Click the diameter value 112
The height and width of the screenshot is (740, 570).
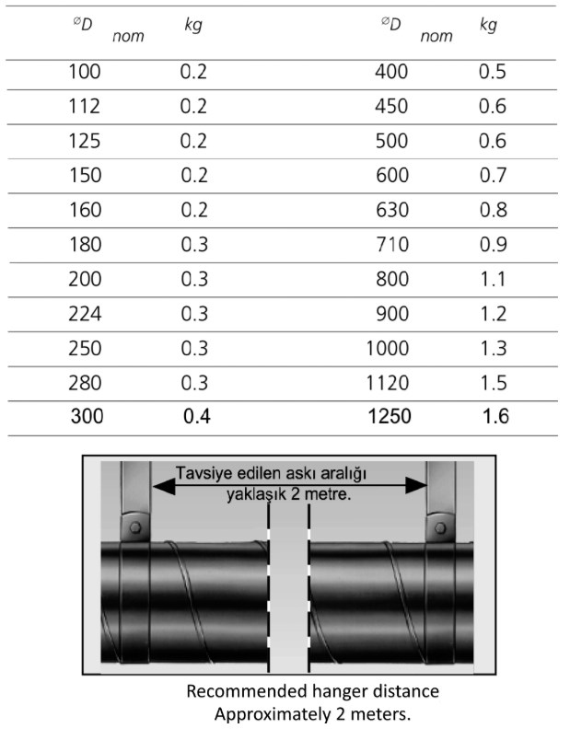(85, 106)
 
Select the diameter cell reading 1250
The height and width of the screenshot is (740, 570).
(390, 416)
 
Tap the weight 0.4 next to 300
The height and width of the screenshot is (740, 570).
(197, 416)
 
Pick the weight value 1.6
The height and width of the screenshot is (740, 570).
(495, 416)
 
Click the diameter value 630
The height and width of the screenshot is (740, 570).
(392, 210)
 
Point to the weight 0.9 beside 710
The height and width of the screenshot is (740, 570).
(494, 245)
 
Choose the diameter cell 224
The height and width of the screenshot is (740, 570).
(85, 314)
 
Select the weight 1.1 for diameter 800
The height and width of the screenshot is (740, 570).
(493, 279)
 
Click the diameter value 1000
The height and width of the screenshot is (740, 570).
(388, 348)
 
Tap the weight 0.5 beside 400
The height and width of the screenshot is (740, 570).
(493, 72)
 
